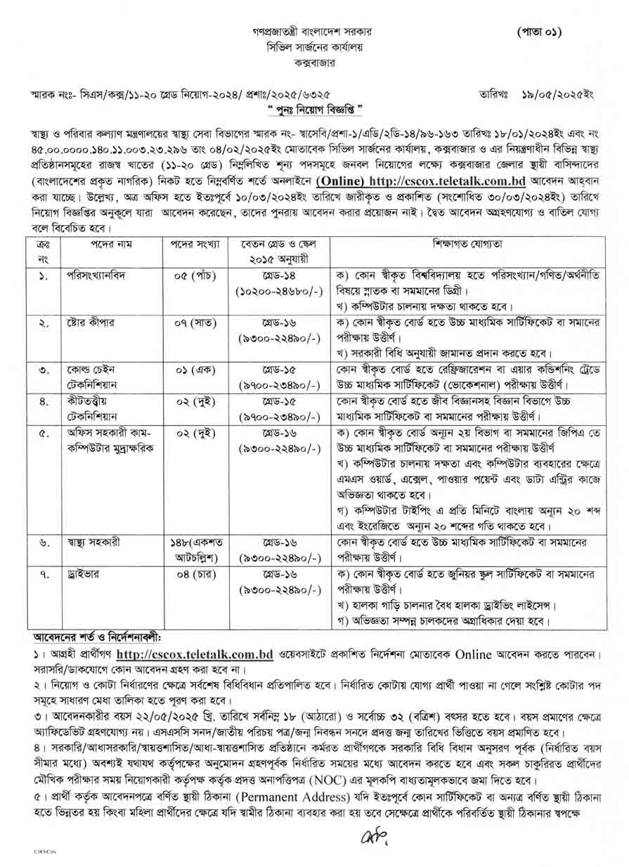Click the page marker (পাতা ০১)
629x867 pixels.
539,32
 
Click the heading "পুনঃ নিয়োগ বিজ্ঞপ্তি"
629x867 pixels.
314,110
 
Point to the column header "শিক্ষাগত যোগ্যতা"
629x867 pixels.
467,244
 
